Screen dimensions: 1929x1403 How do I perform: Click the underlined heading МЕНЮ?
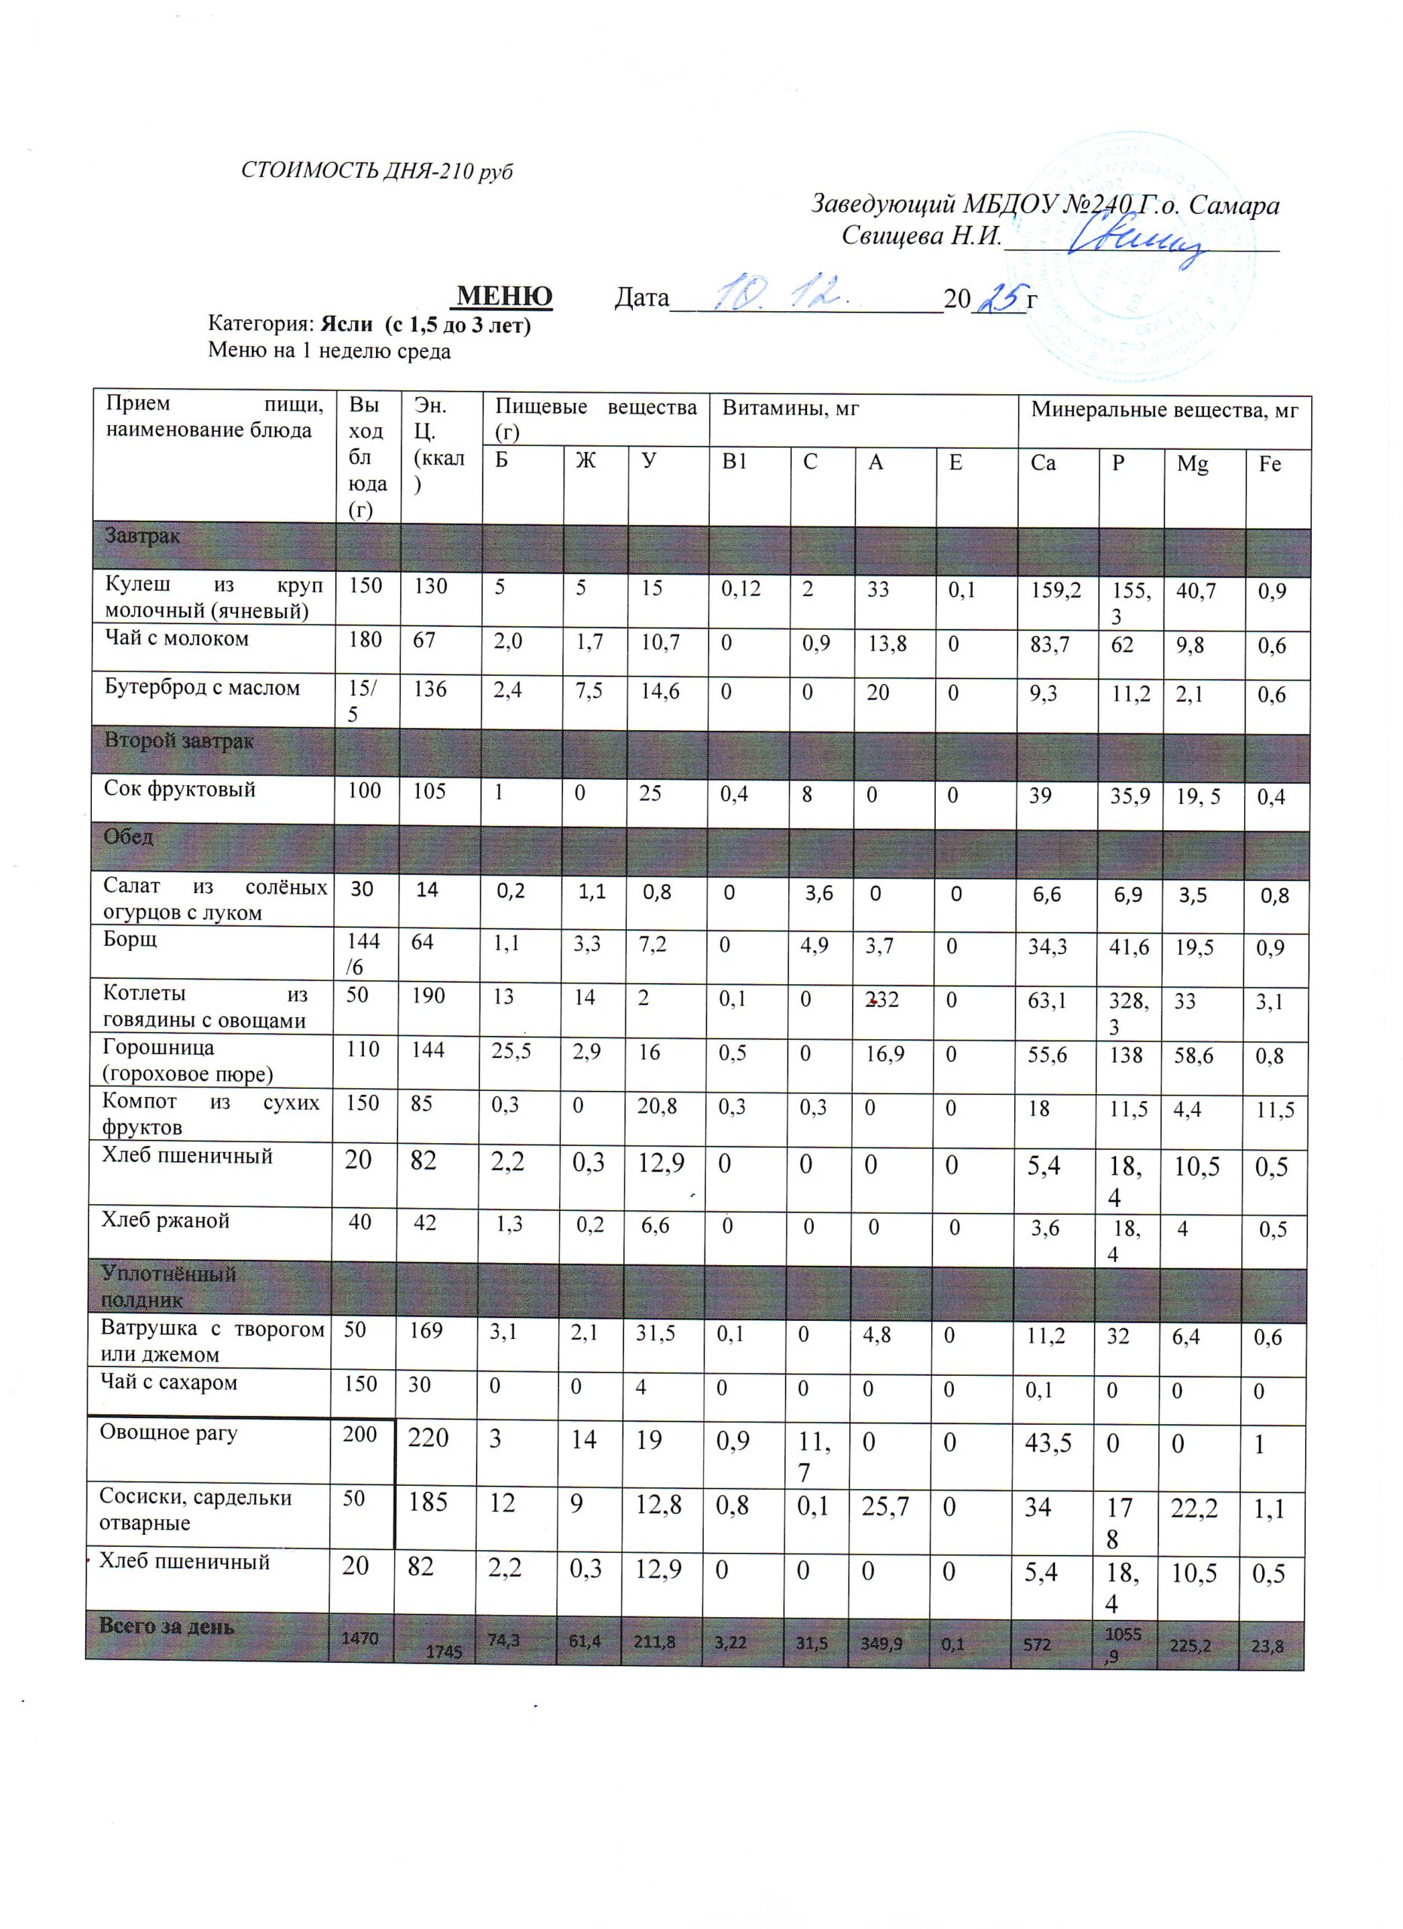click(x=505, y=297)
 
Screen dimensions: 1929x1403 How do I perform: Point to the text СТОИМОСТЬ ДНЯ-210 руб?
click(x=377, y=171)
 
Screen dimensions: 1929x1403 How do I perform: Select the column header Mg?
click(x=1192, y=464)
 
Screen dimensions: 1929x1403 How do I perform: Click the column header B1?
click(x=735, y=463)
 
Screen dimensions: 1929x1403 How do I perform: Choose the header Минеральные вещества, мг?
click(x=1164, y=411)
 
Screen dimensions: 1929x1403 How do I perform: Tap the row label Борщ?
click(x=130, y=940)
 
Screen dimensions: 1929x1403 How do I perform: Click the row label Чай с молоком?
click(x=177, y=639)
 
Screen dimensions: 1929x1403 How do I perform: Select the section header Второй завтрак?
click(x=179, y=741)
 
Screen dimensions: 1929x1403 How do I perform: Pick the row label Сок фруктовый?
click(x=179, y=789)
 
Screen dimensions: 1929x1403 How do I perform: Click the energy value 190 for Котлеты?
click(x=429, y=996)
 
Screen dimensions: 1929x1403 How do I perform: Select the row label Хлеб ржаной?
click(x=166, y=1221)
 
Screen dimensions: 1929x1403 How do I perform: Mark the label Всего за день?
click(x=166, y=1625)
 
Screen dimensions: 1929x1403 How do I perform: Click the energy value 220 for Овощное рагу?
click(x=429, y=1438)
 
